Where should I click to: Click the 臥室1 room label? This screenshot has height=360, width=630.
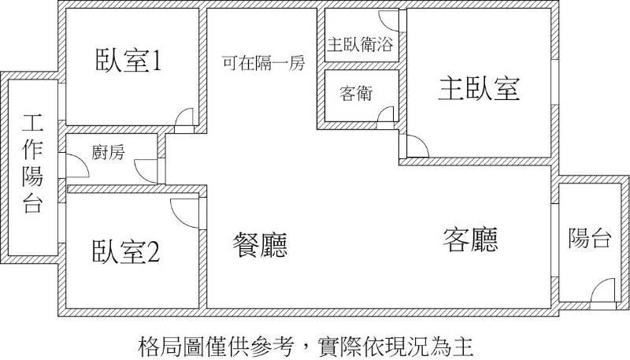(x=128, y=61)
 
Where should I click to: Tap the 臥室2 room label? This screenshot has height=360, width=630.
(x=126, y=251)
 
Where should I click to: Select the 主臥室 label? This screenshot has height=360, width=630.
(x=479, y=89)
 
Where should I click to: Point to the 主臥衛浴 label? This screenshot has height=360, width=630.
(x=361, y=44)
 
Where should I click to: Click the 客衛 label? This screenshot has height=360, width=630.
(x=356, y=93)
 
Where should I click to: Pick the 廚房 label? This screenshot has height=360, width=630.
(x=108, y=152)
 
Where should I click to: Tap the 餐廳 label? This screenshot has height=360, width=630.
(x=260, y=244)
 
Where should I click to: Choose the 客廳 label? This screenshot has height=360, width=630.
(x=470, y=239)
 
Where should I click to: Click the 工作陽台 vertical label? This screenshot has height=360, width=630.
(x=32, y=163)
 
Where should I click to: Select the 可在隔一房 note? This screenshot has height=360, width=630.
(x=264, y=63)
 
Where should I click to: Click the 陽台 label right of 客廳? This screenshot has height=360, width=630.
(x=590, y=238)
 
